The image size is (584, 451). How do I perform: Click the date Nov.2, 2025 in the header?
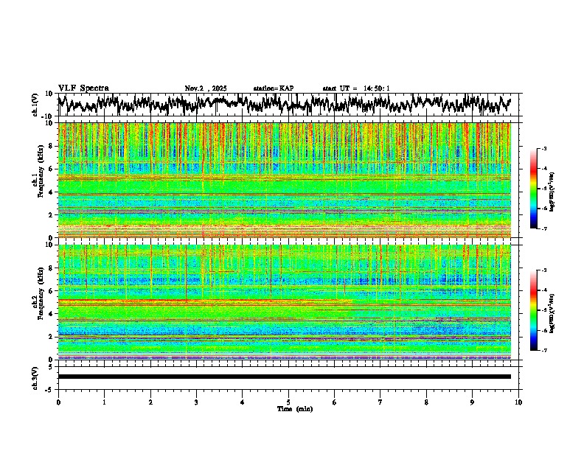(x=206, y=88)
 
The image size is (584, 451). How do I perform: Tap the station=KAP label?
(x=273, y=88)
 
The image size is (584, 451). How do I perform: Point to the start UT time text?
(x=356, y=88)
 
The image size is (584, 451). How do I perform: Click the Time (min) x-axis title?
(x=294, y=408)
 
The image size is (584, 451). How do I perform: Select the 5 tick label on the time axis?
(x=288, y=402)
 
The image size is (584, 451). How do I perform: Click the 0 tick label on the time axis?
(x=58, y=402)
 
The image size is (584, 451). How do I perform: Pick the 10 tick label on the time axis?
(x=518, y=402)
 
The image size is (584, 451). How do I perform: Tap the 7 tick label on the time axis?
(x=380, y=402)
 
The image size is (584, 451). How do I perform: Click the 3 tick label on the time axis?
(x=196, y=402)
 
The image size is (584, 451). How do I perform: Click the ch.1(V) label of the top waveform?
(x=35, y=105)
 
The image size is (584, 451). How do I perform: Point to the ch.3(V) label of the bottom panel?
(x=35, y=377)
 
